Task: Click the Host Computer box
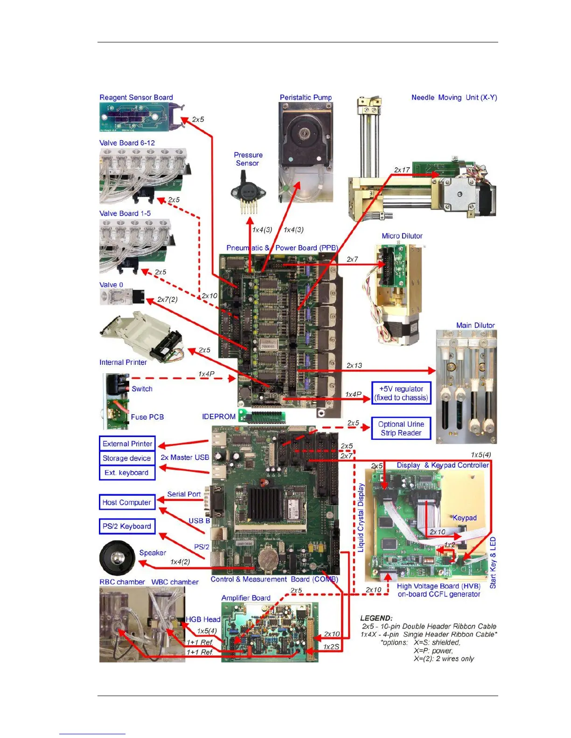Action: click(x=127, y=502)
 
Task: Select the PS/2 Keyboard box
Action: click(x=127, y=526)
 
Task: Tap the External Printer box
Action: click(x=127, y=444)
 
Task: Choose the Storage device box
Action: click(x=127, y=458)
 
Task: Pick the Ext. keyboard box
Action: click(x=127, y=472)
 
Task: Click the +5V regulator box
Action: click(x=401, y=393)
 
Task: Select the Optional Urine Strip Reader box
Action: click(x=401, y=428)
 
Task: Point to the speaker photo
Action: click(x=117, y=558)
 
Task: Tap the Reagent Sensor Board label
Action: click(x=136, y=97)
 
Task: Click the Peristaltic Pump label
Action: click(x=306, y=97)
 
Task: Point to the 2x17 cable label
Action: click(x=402, y=170)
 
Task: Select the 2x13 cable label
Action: click(x=354, y=365)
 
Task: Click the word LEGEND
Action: click(x=376, y=618)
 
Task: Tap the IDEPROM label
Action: click(x=218, y=417)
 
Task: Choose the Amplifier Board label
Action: click(x=246, y=598)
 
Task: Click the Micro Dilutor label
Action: click(x=402, y=236)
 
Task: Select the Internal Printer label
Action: click(x=123, y=362)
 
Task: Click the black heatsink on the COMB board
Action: click(x=265, y=505)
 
